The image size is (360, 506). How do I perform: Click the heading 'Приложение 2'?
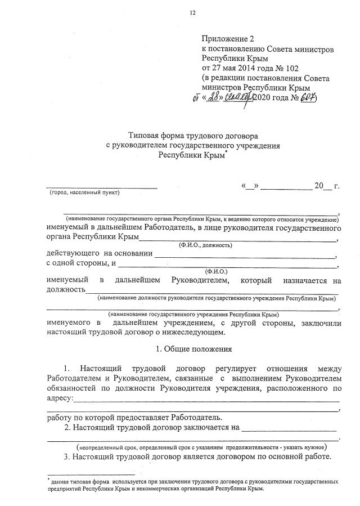point(228,39)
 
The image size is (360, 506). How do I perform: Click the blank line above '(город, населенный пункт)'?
point(101,187)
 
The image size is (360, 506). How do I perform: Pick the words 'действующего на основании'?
point(99,254)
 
